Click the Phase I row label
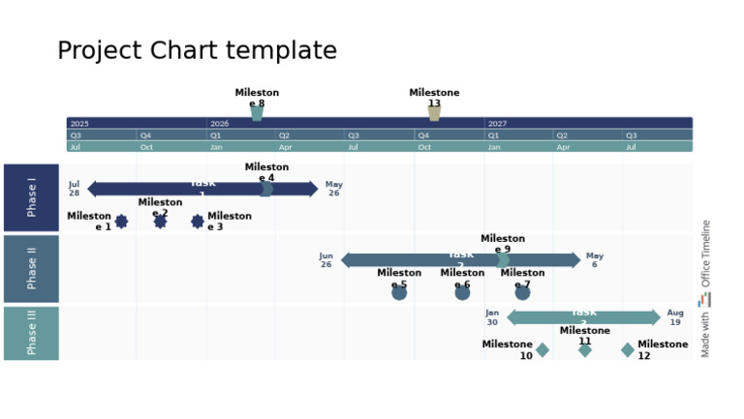[x=31, y=197]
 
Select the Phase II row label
[x=31, y=269]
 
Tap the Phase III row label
[x=31, y=333]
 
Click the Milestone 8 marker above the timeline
[x=257, y=113]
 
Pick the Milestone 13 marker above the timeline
[x=434, y=113]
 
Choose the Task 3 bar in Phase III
[x=583, y=317]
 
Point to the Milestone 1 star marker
[x=121, y=222]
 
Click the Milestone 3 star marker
[x=198, y=222]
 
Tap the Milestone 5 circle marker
[x=399, y=292]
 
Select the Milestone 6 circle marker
[x=462, y=292]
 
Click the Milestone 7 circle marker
[x=522, y=292]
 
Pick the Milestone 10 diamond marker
[x=542, y=350]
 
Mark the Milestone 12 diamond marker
[x=628, y=350]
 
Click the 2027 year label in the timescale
[x=497, y=124]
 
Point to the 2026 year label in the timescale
[x=220, y=124]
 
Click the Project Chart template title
[x=197, y=51]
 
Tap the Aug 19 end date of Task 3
[x=675, y=317]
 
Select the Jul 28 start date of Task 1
[x=74, y=189]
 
